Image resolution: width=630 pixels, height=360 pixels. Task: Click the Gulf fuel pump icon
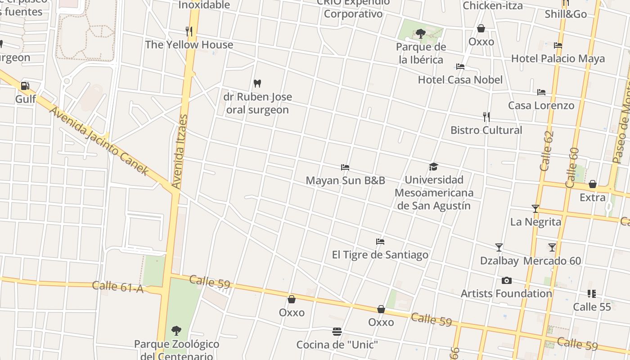pyautogui.click(x=25, y=85)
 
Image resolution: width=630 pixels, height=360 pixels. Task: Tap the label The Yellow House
pyautogui.click(x=189, y=45)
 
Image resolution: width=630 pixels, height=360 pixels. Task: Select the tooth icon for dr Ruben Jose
pyautogui.click(x=257, y=83)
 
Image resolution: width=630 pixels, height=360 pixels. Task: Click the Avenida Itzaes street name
pyautogui.click(x=180, y=152)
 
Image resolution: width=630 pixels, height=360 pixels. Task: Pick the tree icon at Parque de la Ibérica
pyautogui.click(x=421, y=33)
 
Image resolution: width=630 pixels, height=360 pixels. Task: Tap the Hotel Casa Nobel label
pyautogui.click(x=460, y=80)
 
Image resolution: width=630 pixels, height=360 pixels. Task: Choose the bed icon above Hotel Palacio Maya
pyautogui.click(x=558, y=45)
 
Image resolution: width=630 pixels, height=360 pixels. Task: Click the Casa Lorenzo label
pyautogui.click(x=541, y=105)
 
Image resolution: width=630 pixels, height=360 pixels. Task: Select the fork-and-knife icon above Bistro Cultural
pyautogui.click(x=486, y=117)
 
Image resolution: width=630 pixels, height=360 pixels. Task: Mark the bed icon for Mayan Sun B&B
pyautogui.click(x=345, y=167)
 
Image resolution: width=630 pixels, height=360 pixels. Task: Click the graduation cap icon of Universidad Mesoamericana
pyautogui.click(x=433, y=167)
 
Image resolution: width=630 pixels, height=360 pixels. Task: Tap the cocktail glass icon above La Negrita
pyautogui.click(x=535, y=208)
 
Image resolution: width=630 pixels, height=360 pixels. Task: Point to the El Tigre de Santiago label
pyautogui.click(x=380, y=255)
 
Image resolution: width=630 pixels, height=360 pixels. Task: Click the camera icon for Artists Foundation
pyautogui.click(x=507, y=281)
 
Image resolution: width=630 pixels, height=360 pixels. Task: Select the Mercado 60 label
pyautogui.click(x=552, y=261)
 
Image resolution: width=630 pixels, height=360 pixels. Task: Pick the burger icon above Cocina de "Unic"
pyautogui.click(x=337, y=332)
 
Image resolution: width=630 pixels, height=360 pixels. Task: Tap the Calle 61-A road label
pyautogui.click(x=117, y=287)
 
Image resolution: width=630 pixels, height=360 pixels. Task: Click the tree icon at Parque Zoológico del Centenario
pyautogui.click(x=176, y=331)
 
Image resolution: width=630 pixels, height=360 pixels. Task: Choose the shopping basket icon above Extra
pyautogui.click(x=593, y=184)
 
